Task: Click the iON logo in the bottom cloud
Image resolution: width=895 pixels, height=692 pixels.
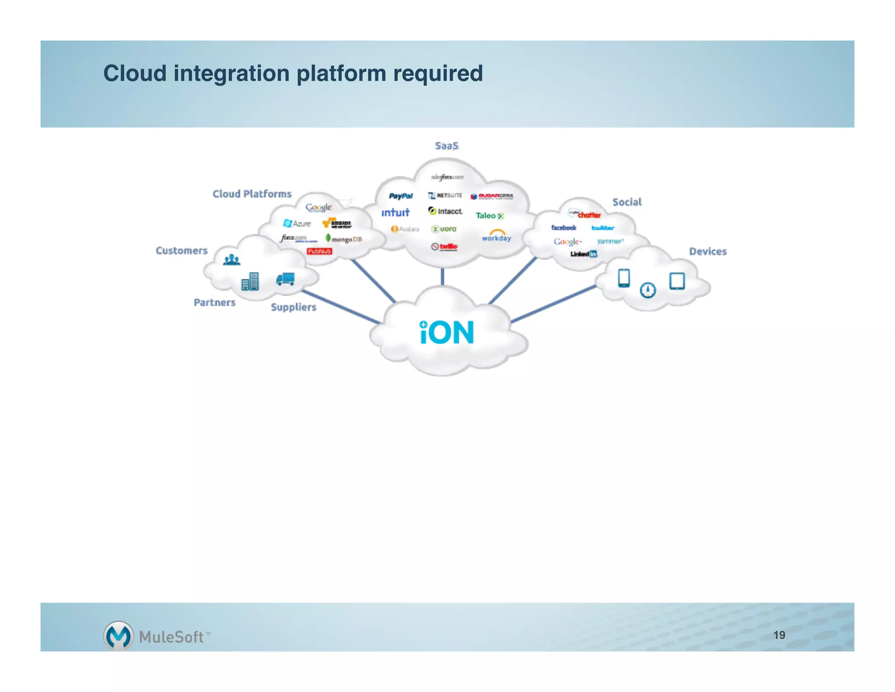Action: (x=447, y=332)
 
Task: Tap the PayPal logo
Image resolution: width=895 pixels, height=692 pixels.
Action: (x=401, y=196)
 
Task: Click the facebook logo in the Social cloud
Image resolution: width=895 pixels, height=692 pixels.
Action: (x=563, y=227)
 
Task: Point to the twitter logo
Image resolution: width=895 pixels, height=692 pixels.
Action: (x=603, y=228)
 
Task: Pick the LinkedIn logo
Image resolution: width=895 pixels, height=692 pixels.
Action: (x=583, y=254)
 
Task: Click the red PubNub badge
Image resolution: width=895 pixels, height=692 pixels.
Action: (x=319, y=251)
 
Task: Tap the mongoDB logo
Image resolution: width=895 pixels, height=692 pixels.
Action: (x=344, y=239)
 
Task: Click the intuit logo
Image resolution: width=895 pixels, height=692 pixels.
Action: (x=395, y=213)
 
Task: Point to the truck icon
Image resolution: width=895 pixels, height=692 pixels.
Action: (x=285, y=279)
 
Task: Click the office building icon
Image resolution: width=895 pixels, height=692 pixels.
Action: (x=250, y=281)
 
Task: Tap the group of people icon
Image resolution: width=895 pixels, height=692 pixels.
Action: (x=232, y=260)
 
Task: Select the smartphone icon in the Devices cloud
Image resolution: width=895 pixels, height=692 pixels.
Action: (x=624, y=278)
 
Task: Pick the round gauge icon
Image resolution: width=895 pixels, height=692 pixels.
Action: (x=648, y=290)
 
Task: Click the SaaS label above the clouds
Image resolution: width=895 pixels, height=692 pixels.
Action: (x=447, y=146)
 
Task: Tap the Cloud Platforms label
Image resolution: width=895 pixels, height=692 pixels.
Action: (x=252, y=194)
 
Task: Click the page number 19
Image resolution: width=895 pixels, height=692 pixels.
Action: (x=779, y=635)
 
